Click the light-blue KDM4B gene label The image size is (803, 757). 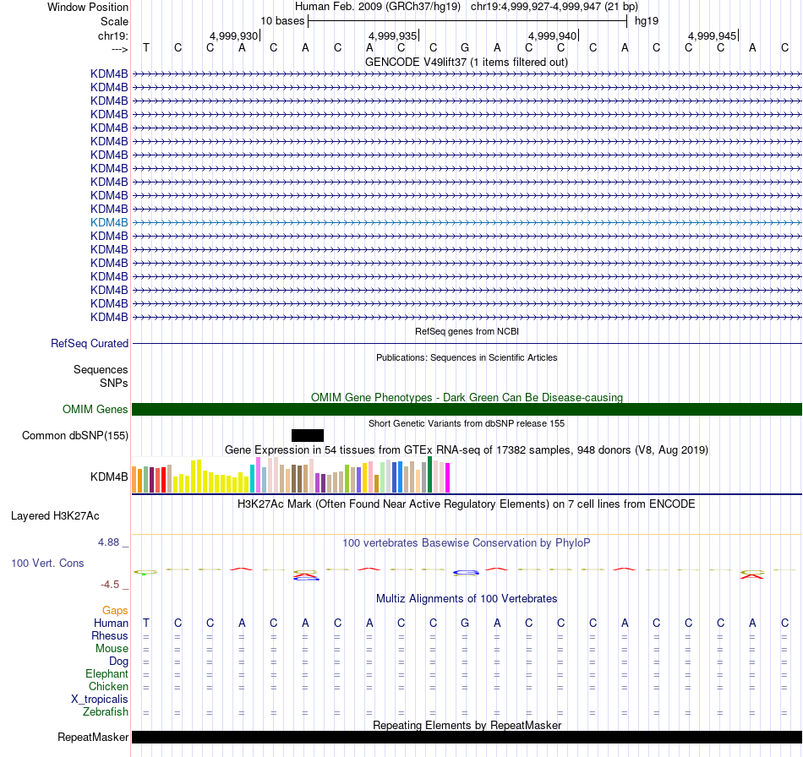pos(109,222)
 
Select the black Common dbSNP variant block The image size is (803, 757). pos(308,435)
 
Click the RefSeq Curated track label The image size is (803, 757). pos(90,344)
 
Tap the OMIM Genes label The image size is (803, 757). pos(96,410)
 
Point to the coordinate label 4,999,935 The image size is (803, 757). pos(393,35)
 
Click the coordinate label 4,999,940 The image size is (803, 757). pos(552,35)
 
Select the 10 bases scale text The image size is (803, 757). pos(282,20)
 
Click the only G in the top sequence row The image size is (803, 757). pos(465,47)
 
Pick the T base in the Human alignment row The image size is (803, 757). pos(146,624)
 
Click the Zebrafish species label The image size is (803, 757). pos(106,712)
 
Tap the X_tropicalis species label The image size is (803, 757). pos(100,700)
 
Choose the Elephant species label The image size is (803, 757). pos(107,674)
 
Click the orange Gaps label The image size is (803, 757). pos(115,610)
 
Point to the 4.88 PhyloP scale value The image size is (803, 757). pos(114,542)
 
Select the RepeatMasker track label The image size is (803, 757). pos(93,738)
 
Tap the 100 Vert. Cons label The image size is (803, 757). pos(47,563)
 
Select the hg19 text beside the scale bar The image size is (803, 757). pos(647,20)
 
